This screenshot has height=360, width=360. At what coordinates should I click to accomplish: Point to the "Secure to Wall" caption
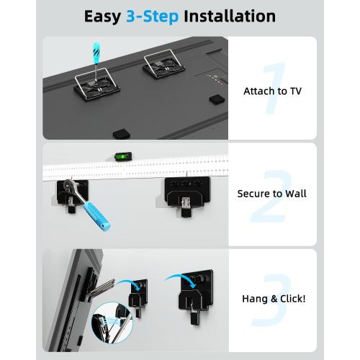(x=271, y=194)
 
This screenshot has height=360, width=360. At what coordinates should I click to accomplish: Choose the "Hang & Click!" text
(x=271, y=296)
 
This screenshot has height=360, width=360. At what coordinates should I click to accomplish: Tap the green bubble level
(x=122, y=156)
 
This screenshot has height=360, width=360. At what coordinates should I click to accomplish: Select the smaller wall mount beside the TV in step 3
(x=137, y=302)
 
